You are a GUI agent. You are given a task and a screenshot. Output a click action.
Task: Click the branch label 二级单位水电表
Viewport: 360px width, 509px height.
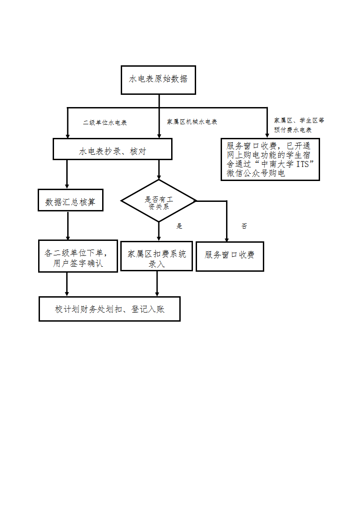105,122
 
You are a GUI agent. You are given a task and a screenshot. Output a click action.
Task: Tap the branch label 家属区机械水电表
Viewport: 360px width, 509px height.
192,122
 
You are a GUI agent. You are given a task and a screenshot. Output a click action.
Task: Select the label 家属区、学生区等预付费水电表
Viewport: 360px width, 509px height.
299,125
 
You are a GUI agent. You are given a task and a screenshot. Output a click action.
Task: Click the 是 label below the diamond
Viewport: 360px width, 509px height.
179,226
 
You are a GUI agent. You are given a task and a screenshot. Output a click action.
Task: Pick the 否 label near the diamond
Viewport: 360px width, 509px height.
244,226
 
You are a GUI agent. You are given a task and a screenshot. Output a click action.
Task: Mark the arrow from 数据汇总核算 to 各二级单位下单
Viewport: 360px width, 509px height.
68,226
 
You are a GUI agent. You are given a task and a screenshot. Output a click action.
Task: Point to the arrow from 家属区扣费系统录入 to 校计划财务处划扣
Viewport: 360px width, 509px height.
157,284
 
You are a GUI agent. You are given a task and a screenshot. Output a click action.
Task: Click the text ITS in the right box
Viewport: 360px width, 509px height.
302,164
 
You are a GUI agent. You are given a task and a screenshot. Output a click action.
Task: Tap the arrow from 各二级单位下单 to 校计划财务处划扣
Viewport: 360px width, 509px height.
67,284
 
